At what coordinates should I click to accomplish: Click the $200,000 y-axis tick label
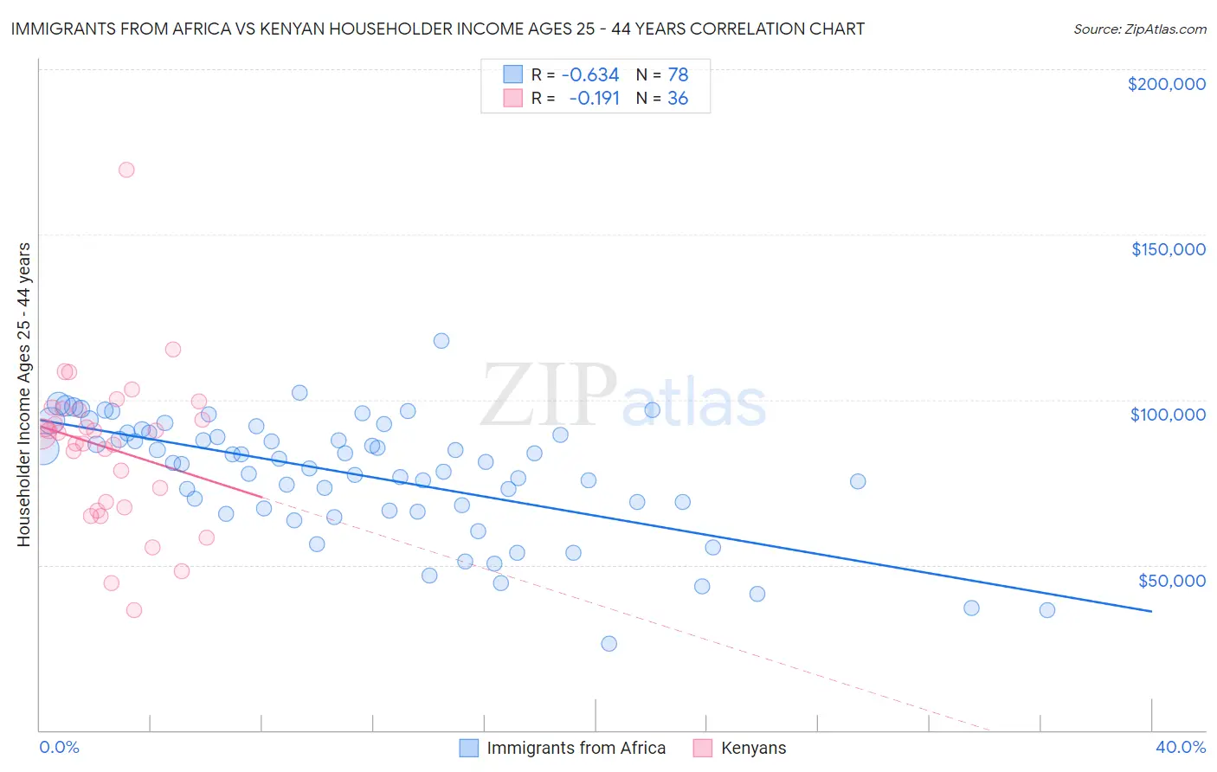tap(1166, 84)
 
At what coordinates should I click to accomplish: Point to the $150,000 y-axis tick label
tap(1168, 249)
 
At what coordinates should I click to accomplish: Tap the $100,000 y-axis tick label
tap(1168, 415)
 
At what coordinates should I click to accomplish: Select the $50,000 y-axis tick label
tap(1171, 580)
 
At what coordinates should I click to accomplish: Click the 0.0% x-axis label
tap(59, 747)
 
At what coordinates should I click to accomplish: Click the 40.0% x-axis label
tap(1180, 747)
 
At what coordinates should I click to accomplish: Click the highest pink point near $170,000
tap(126, 170)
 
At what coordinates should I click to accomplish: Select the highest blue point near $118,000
tap(441, 341)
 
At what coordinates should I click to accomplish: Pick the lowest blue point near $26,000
tap(609, 644)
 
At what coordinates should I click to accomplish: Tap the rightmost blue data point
tap(1047, 610)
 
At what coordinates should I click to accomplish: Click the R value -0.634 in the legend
tap(590, 75)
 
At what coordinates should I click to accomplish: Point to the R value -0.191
tap(594, 99)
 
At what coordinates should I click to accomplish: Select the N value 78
tap(678, 75)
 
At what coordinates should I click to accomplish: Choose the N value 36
tap(678, 99)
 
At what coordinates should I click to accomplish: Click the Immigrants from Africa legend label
tap(576, 748)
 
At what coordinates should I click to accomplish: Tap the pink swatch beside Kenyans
tap(702, 748)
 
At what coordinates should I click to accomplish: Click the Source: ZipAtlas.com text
tap(1139, 29)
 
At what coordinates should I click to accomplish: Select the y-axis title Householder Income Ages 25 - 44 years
tap(24, 395)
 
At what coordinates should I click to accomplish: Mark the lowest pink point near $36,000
tap(134, 610)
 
